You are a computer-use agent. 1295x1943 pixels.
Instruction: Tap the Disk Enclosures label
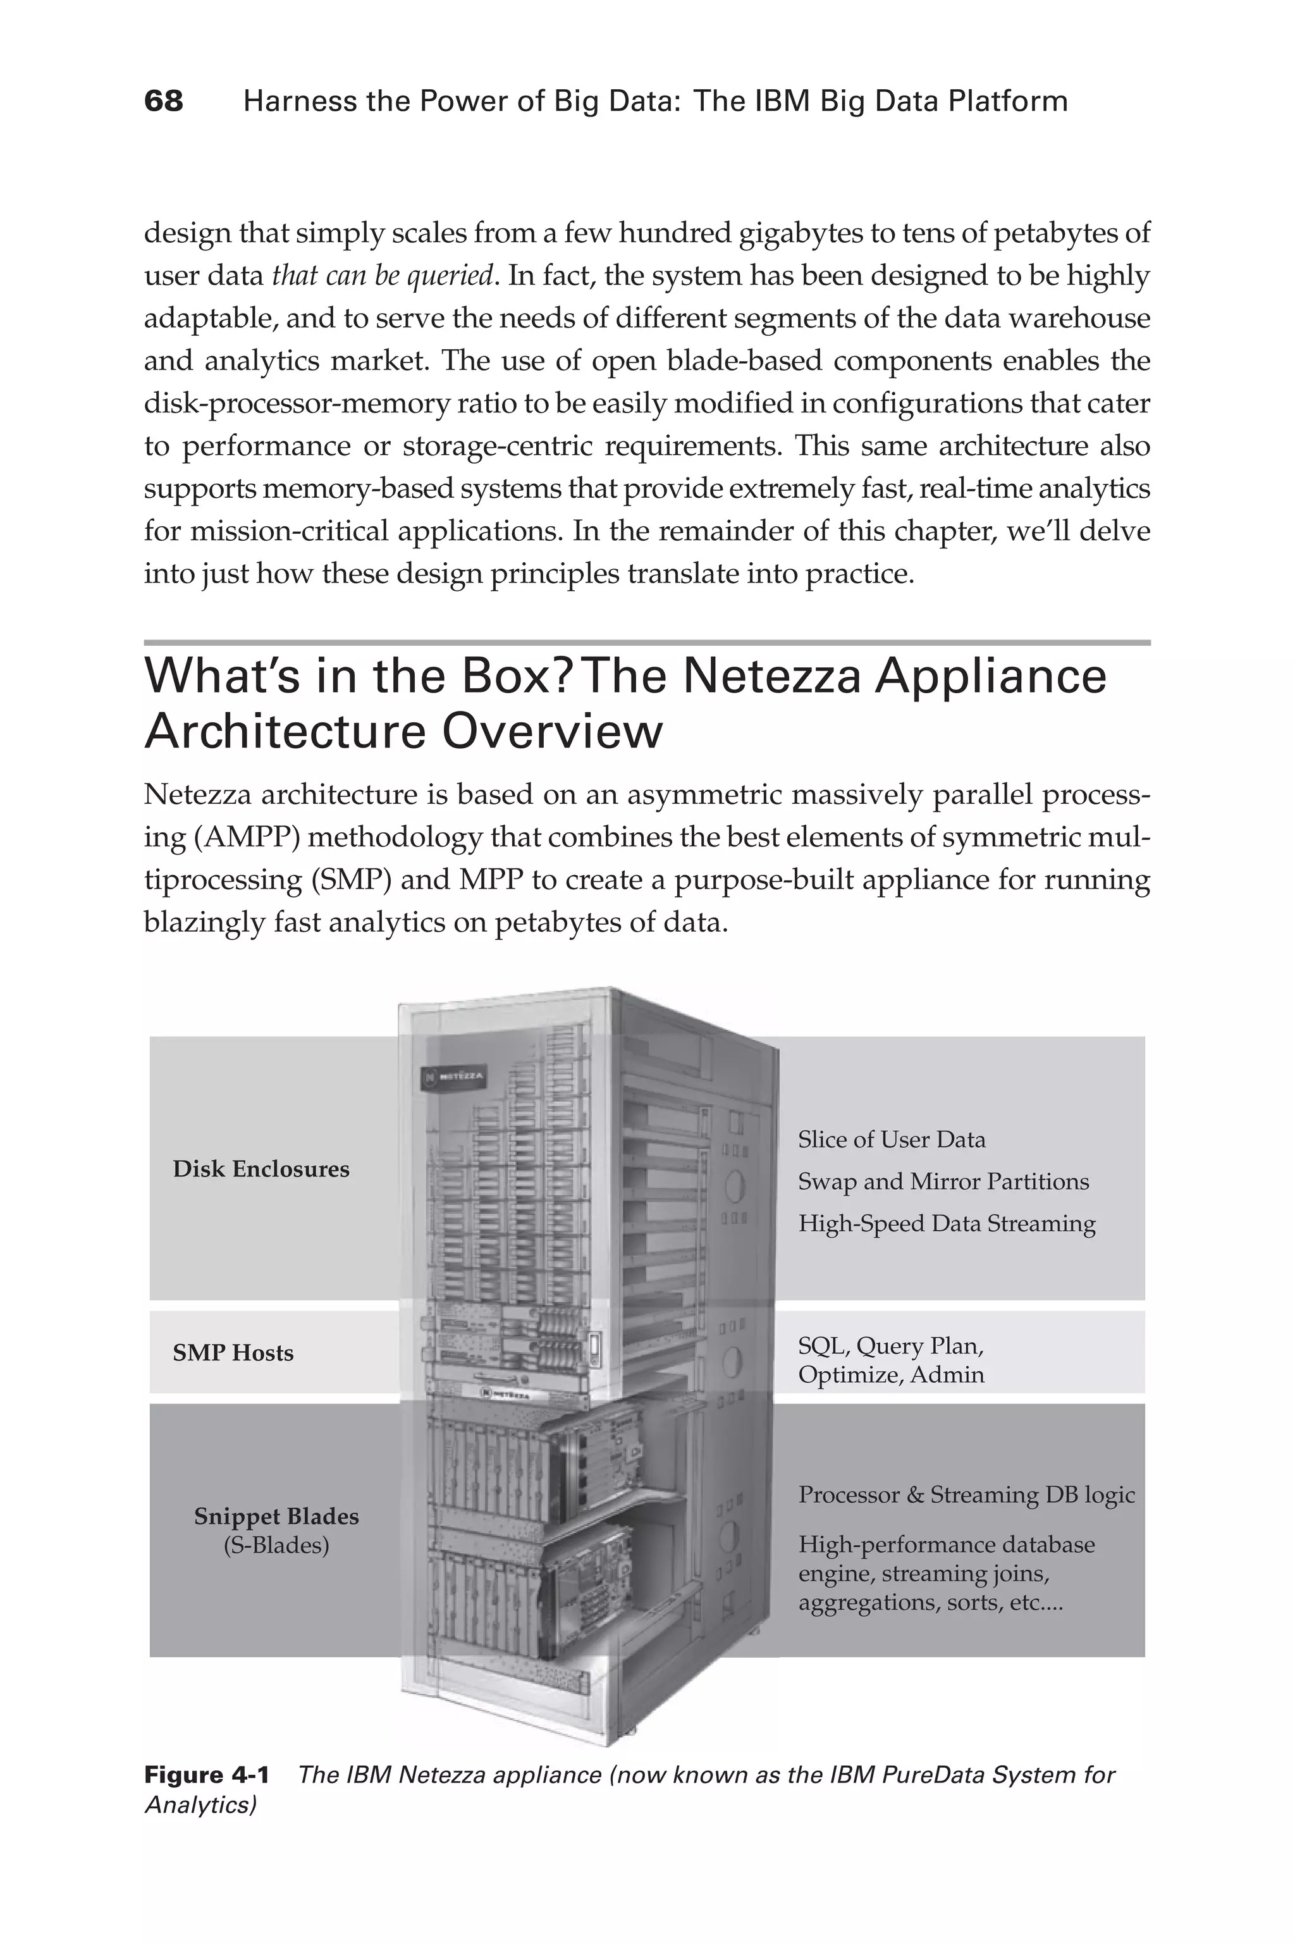pyautogui.click(x=261, y=1169)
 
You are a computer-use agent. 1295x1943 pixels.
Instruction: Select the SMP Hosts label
pyautogui.click(x=233, y=1352)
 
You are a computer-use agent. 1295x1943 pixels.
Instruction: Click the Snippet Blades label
pyautogui.click(x=276, y=1516)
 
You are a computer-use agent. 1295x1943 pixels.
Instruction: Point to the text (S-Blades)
pyautogui.click(x=276, y=1545)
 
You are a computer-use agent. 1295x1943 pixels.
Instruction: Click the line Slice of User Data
pyautogui.click(x=891, y=1139)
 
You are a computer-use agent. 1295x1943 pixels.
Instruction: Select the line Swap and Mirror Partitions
pyautogui.click(x=943, y=1181)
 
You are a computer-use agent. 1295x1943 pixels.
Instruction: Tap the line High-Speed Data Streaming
pyautogui.click(x=947, y=1223)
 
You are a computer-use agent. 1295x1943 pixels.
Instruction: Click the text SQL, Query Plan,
pyautogui.click(x=890, y=1346)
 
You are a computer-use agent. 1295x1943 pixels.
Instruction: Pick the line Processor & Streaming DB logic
pyautogui.click(x=966, y=1495)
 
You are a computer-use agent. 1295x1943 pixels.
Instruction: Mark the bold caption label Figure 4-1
pyautogui.click(x=207, y=1775)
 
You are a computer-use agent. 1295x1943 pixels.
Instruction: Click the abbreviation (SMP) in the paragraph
pyautogui.click(x=351, y=879)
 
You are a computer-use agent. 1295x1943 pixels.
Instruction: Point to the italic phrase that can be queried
pyautogui.click(x=383, y=275)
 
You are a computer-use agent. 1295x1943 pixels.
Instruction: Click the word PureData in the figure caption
pyautogui.click(x=936, y=1775)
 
